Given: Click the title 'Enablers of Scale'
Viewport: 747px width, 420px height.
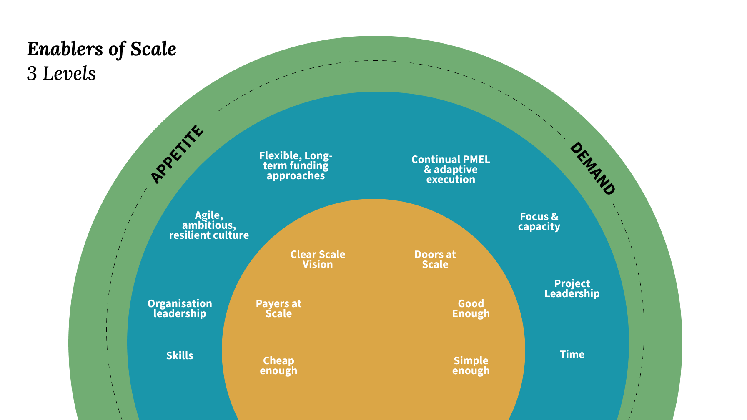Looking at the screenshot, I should (101, 50).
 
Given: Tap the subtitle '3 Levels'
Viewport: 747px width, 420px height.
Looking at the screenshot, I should (61, 74).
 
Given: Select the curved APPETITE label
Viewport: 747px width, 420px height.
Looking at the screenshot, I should (177, 154).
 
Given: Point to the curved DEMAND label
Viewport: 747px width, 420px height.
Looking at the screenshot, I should (592, 168).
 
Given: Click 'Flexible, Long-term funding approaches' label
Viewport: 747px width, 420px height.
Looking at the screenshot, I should (296, 166).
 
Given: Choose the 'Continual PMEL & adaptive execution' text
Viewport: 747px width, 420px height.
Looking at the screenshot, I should (451, 170).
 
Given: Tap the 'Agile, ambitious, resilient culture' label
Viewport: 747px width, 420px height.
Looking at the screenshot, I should (209, 225).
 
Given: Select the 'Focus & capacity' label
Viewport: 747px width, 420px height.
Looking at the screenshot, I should (539, 222).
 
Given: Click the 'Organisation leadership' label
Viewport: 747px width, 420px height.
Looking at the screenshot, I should (180, 309).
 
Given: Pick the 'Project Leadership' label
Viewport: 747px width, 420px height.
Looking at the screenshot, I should (572, 289).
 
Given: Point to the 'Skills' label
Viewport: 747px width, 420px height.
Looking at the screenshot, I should (180, 356).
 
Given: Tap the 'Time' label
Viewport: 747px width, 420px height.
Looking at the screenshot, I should (572, 355).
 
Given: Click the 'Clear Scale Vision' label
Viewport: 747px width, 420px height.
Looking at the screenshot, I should (318, 260).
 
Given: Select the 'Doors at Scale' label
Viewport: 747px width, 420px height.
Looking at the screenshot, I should (435, 260).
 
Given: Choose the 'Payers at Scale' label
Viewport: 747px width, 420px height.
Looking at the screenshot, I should (278, 309).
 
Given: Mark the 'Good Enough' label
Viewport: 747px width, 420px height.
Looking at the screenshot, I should (471, 309).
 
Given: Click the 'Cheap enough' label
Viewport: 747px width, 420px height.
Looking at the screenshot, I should (278, 366).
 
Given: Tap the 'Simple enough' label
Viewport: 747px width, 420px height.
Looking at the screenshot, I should (471, 366).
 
